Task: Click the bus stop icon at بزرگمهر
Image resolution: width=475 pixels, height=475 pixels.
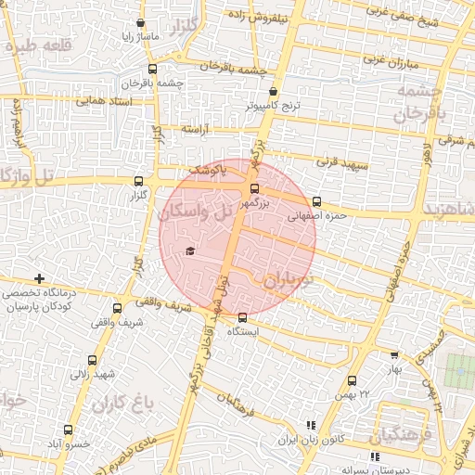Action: (x=254, y=190)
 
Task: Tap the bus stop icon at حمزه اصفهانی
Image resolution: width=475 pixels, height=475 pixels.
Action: (x=317, y=201)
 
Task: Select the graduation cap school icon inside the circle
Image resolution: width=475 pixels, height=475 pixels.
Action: (x=190, y=251)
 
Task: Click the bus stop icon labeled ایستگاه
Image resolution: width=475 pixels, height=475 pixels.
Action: (x=243, y=317)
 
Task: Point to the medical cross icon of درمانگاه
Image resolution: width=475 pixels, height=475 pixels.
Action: (x=39, y=278)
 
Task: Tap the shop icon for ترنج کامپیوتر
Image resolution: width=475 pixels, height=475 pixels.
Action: (x=272, y=92)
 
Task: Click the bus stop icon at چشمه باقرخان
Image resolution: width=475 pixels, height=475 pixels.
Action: (x=152, y=69)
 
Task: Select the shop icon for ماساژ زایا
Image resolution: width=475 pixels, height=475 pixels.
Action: (x=140, y=24)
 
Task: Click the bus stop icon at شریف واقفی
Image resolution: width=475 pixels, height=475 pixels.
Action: (x=117, y=308)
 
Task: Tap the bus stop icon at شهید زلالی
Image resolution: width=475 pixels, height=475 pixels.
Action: (x=92, y=360)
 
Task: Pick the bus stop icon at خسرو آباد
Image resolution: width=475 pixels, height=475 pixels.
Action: (x=68, y=430)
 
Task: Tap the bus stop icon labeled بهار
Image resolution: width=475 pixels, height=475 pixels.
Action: (x=394, y=354)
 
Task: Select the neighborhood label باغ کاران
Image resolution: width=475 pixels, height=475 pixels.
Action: (x=121, y=403)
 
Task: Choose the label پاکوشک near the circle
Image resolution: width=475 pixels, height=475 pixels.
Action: (x=208, y=171)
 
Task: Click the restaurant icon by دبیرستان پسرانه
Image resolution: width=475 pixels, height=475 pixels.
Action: (x=375, y=456)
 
